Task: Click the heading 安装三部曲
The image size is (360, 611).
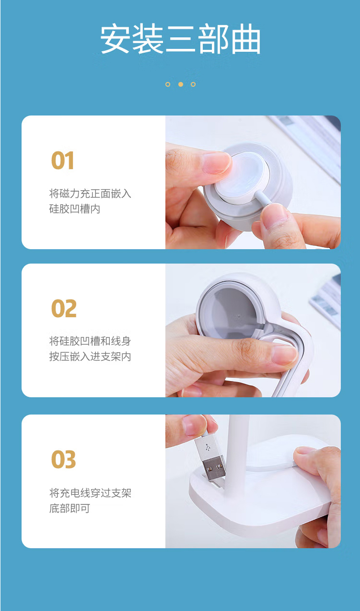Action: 180,38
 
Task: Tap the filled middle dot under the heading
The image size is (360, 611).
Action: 180,84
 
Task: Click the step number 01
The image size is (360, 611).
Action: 62,161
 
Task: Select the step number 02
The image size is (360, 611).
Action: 64,308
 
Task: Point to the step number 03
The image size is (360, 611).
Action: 64,460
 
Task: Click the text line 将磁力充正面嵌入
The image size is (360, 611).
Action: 90,194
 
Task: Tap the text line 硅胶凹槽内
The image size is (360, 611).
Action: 74,209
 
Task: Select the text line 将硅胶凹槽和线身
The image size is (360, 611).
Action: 90,341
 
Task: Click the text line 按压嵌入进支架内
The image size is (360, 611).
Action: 90,356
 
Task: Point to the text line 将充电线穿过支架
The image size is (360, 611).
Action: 90,493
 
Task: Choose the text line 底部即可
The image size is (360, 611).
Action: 70,508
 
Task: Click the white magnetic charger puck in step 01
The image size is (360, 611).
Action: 242,177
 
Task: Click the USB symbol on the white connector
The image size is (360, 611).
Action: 208,447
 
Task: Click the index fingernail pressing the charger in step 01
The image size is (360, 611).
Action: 218,163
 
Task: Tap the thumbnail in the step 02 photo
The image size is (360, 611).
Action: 284,354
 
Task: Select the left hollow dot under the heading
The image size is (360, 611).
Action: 168,84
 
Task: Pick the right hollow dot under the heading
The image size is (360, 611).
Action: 193,84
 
